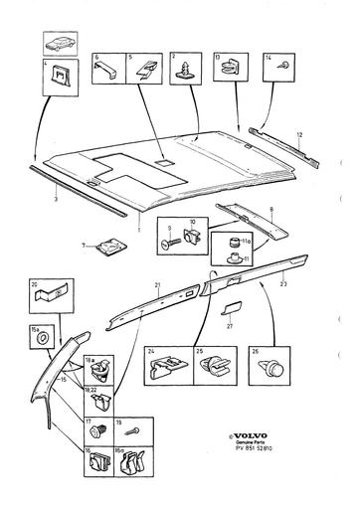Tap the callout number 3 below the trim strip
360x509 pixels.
point(56,201)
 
